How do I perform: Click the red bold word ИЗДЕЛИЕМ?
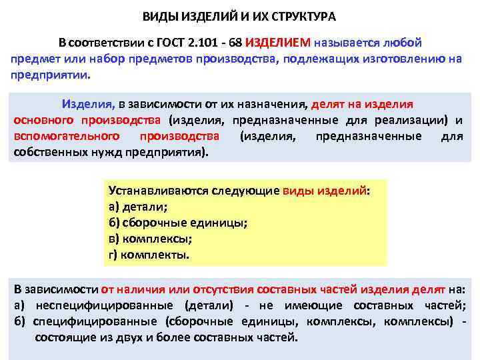(x=278, y=43)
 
